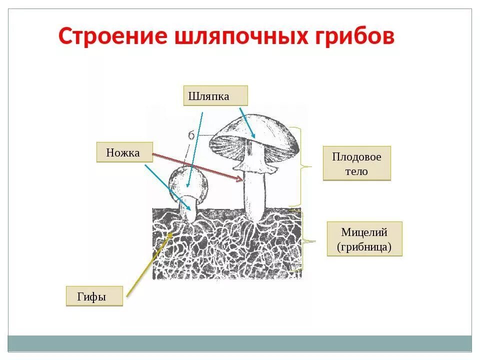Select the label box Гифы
[x=94, y=296]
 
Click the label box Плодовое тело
[x=356, y=163]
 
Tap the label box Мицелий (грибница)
[x=364, y=239]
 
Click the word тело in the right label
[x=356, y=171]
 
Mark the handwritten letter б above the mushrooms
[x=191, y=135]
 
